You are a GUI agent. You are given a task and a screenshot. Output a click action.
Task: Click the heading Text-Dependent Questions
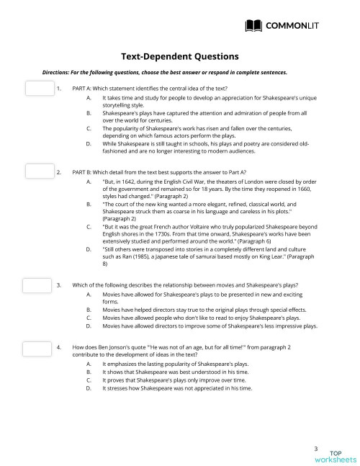(x=179, y=56)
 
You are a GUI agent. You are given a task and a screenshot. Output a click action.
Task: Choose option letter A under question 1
(x=88, y=97)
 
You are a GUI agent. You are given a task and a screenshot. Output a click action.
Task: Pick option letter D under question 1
(x=88, y=143)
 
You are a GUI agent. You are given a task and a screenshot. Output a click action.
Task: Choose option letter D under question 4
(x=88, y=388)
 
